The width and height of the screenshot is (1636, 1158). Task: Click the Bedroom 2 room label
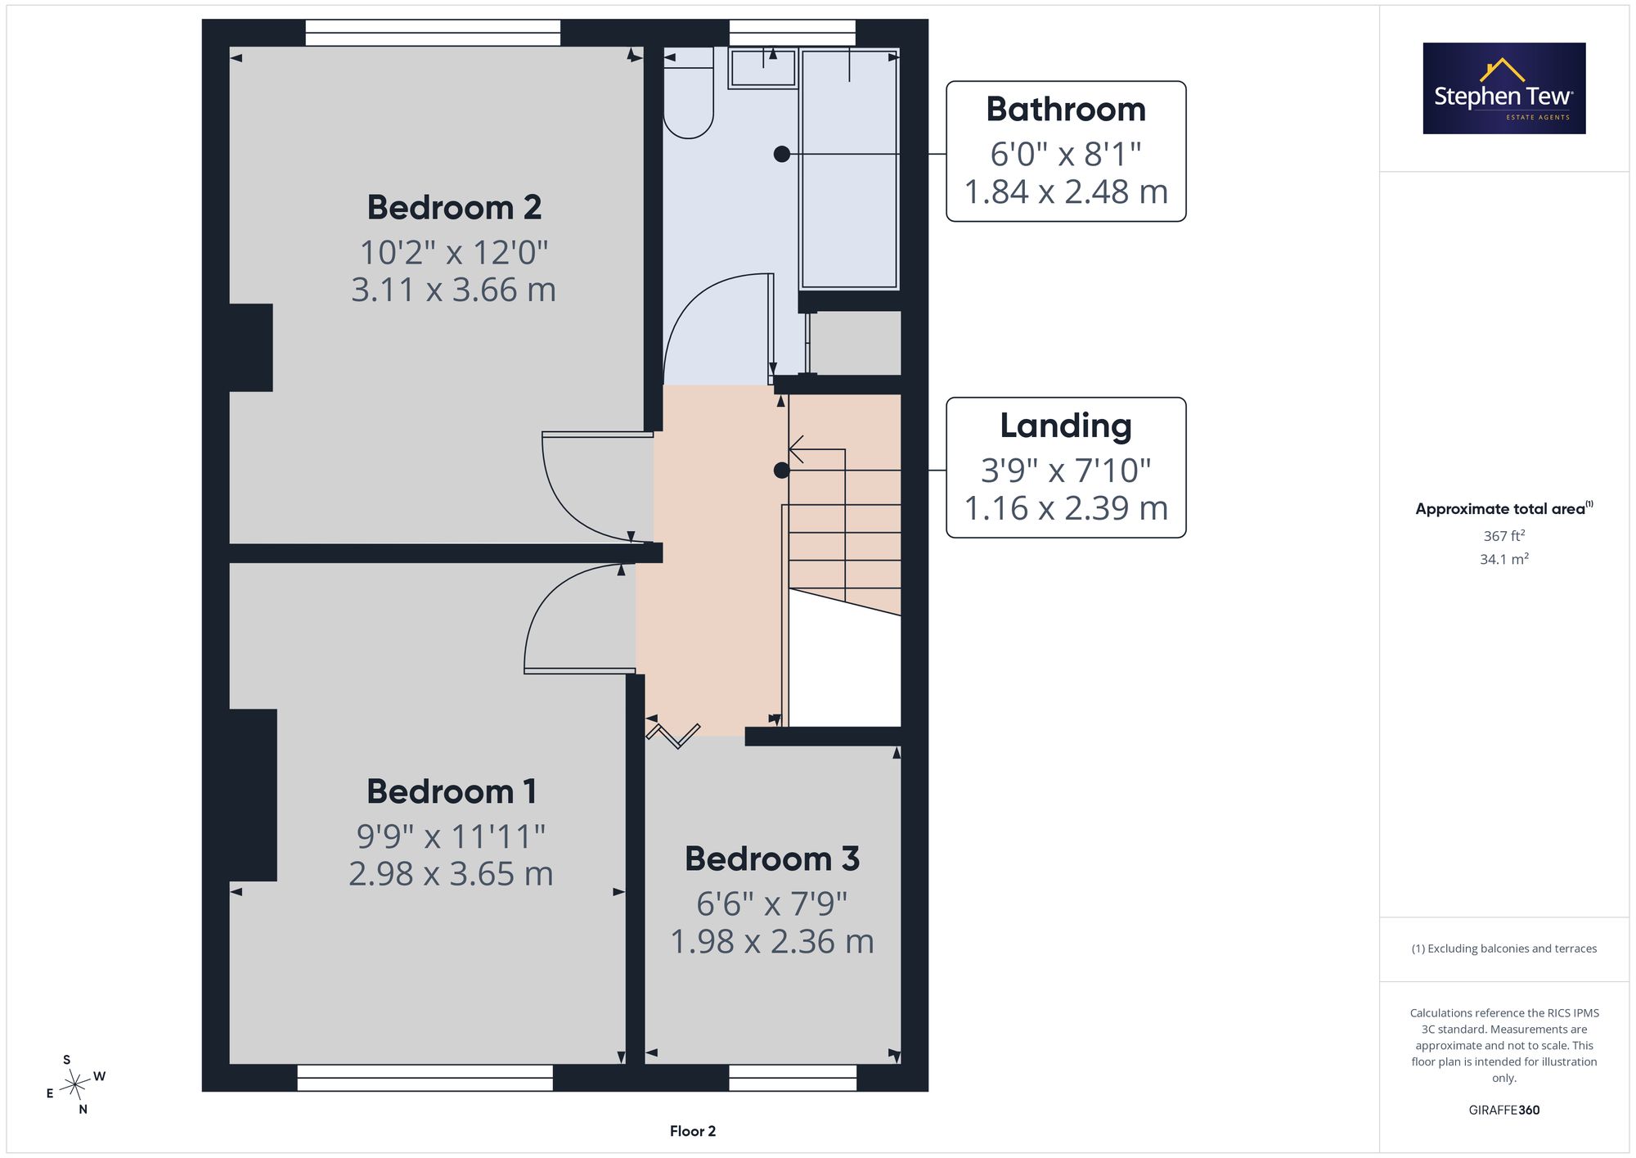(x=454, y=208)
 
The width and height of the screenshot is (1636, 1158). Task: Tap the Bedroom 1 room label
(x=452, y=791)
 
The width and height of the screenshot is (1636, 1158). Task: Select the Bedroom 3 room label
(x=772, y=858)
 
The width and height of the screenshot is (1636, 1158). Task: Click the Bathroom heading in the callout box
(x=1066, y=110)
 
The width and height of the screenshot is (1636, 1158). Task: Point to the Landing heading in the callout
(x=1066, y=426)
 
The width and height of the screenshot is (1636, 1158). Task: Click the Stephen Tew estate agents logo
(x=1504, y=88)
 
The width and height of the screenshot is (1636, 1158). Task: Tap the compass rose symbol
(x=75, y=1084)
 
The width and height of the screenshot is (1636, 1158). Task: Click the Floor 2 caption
(x=693, y=1131)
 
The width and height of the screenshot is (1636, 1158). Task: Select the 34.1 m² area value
(x=1504, y=559)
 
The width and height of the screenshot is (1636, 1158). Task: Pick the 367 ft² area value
(x=1504, y=536)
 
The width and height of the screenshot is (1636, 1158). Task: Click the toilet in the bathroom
(x=689, y=92)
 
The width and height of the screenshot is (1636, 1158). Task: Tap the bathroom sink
(x=763, y=68)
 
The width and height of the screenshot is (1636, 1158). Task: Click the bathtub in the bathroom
(x=850, y=169)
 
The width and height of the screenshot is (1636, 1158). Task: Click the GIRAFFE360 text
(x=1504, y=1111)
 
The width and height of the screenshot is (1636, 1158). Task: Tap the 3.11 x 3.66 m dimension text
(x=454, y=291)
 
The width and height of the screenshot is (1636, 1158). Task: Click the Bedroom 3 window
(x=793, y=1078)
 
